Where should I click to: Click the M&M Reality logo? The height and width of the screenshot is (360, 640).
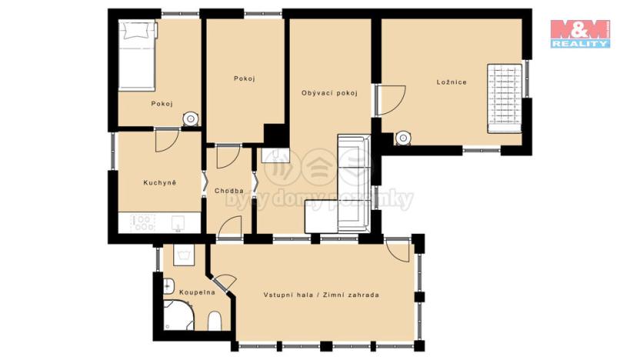(x=580, y=34)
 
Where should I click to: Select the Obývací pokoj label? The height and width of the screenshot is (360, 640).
(x=329, y=93)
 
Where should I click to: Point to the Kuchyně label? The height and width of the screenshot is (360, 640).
(x=160, y=182)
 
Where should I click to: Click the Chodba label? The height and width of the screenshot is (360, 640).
(x=229, y=191)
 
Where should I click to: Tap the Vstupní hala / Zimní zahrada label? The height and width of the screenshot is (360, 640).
(x=321, y=295)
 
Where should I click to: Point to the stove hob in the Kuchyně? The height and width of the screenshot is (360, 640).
(x=143, y=223)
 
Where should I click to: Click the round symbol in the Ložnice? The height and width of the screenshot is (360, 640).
(x=402, y=138)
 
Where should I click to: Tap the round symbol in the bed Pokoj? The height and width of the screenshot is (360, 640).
(x=189, y=118)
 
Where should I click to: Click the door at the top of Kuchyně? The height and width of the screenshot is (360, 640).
(x=167, y=140)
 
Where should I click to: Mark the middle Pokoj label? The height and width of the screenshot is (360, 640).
(x=245, y=78)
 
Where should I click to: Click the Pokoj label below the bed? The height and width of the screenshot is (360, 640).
(x=162, y=104)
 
